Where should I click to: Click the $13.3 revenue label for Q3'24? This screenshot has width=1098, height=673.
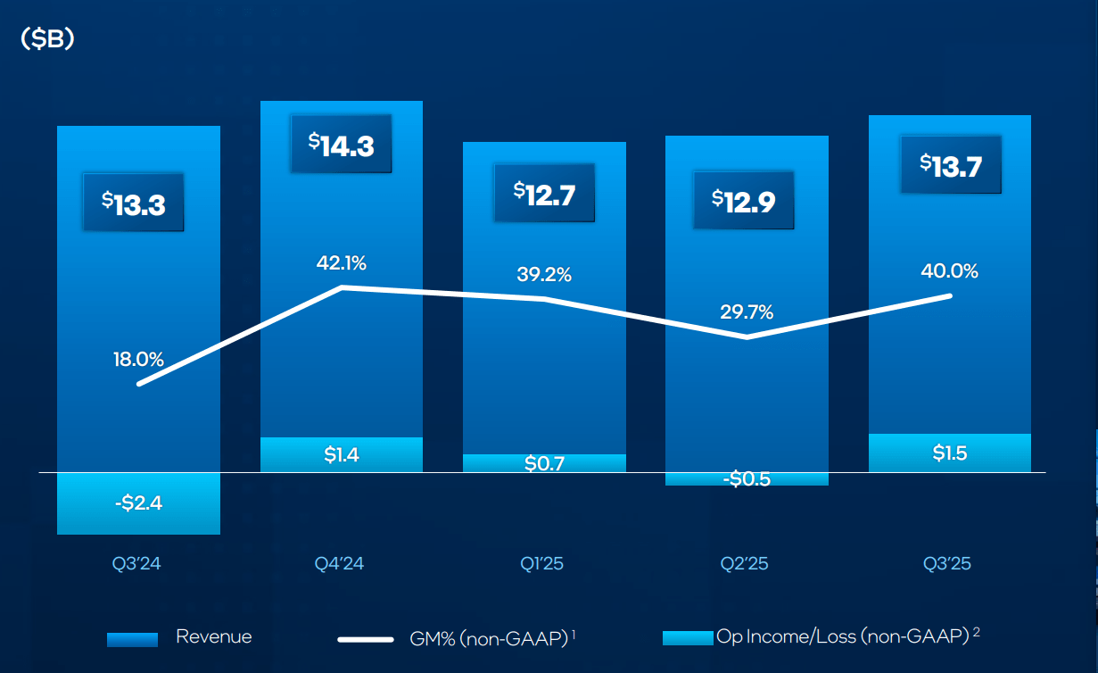[x=133, y=204]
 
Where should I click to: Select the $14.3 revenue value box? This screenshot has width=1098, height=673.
[x=342, y=145]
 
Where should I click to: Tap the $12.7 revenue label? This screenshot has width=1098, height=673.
[x=544, y=192]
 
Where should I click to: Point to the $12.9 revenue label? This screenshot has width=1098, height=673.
[x=743, y=200]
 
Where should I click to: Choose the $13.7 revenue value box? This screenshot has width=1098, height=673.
[x=950, y=164]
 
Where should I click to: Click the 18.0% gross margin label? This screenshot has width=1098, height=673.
[x=138, y=360]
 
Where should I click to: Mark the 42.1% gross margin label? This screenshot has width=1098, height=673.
[x=341, y=263]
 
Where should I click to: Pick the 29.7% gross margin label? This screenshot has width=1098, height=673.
[x=747, y=312]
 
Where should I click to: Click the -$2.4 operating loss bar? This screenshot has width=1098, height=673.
[x=138, y=503]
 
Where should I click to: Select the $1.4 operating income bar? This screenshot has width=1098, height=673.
[x=341, y=455]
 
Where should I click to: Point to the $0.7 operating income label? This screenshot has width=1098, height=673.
[x=544, y=464]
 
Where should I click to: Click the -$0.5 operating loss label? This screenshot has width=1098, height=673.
[x=747, y=478]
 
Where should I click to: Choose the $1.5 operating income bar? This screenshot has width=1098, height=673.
[x=950, y=453]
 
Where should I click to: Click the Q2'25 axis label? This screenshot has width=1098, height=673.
[x=747, y=564]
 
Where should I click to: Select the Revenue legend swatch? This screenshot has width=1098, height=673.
[x=132, y=639]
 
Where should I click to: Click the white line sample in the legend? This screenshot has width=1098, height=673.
[x=365, y=639]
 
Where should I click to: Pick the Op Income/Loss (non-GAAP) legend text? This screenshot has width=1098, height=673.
[x=842, y=636]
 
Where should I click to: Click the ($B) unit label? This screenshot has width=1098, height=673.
[x=46, y=40]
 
